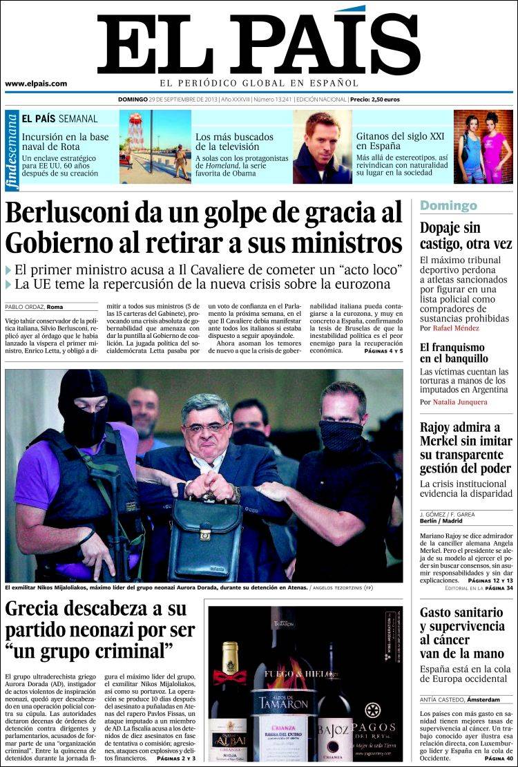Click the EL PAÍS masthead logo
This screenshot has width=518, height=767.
point(258,43)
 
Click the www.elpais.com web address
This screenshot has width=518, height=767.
point(36,84)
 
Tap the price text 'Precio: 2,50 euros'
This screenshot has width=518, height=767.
point(374,100)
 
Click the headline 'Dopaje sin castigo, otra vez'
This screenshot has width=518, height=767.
point(466,235)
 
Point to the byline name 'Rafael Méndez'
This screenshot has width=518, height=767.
point(456,328)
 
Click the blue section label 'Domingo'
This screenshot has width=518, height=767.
point(448,205)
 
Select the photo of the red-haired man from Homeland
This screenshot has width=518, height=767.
point(322,146)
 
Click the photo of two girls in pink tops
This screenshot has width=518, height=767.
point(483,146)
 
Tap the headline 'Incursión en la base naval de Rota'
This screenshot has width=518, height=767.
point(65,142)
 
